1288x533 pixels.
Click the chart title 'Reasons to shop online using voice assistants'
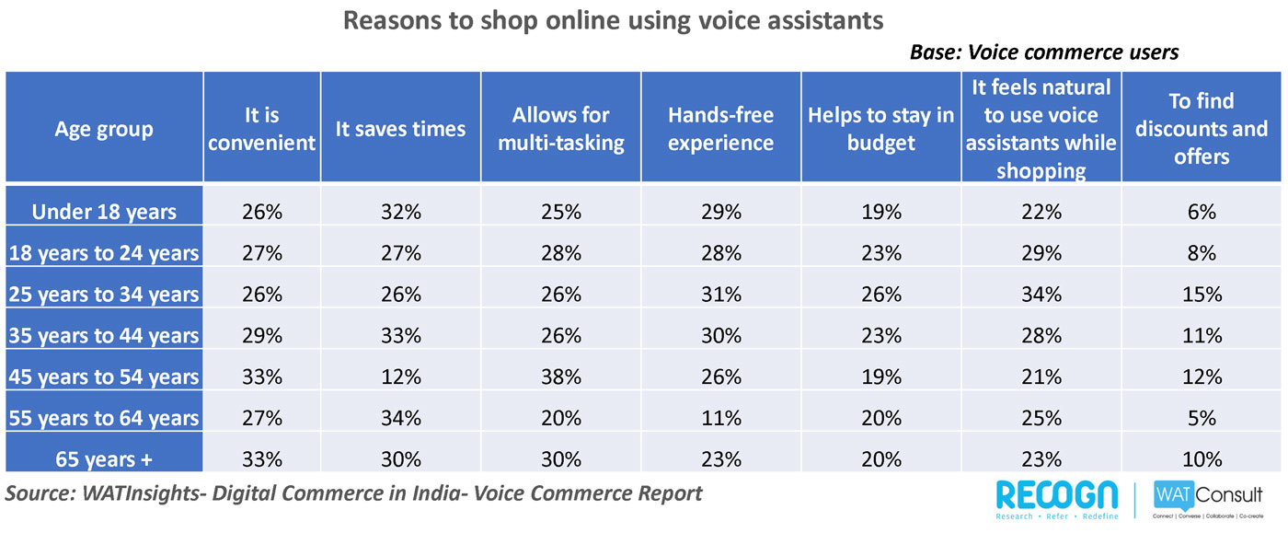tap(613, 21)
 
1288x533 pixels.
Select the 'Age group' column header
tap(104, 129)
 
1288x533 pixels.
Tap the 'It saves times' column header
tap(400, 129)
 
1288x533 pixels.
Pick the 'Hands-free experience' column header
tap(720, 129)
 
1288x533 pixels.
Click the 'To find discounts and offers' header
tap(1202, 129)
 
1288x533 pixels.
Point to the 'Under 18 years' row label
tap(104, 212)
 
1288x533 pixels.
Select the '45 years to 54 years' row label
tap(104, 377)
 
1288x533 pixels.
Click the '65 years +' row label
tap(104, 459)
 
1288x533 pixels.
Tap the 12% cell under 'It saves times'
tap(401, 377)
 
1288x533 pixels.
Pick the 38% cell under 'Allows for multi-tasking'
tap(560, 377)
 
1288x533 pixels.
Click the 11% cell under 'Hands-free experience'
tap(721, 418)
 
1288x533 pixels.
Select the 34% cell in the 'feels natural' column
tap(1041, 295)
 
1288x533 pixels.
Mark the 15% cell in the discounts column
tap(1202, 295)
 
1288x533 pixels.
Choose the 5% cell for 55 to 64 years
tap(1202, 418)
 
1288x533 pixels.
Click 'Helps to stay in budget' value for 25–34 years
tap(881, 295)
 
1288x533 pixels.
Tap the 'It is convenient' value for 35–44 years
tap(262, 336)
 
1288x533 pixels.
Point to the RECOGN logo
tap(1057, 500)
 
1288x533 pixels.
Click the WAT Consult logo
tap(1207, 500)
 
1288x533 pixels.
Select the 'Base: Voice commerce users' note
tap(1044, 52)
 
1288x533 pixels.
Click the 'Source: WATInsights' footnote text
tap(353, 493)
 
